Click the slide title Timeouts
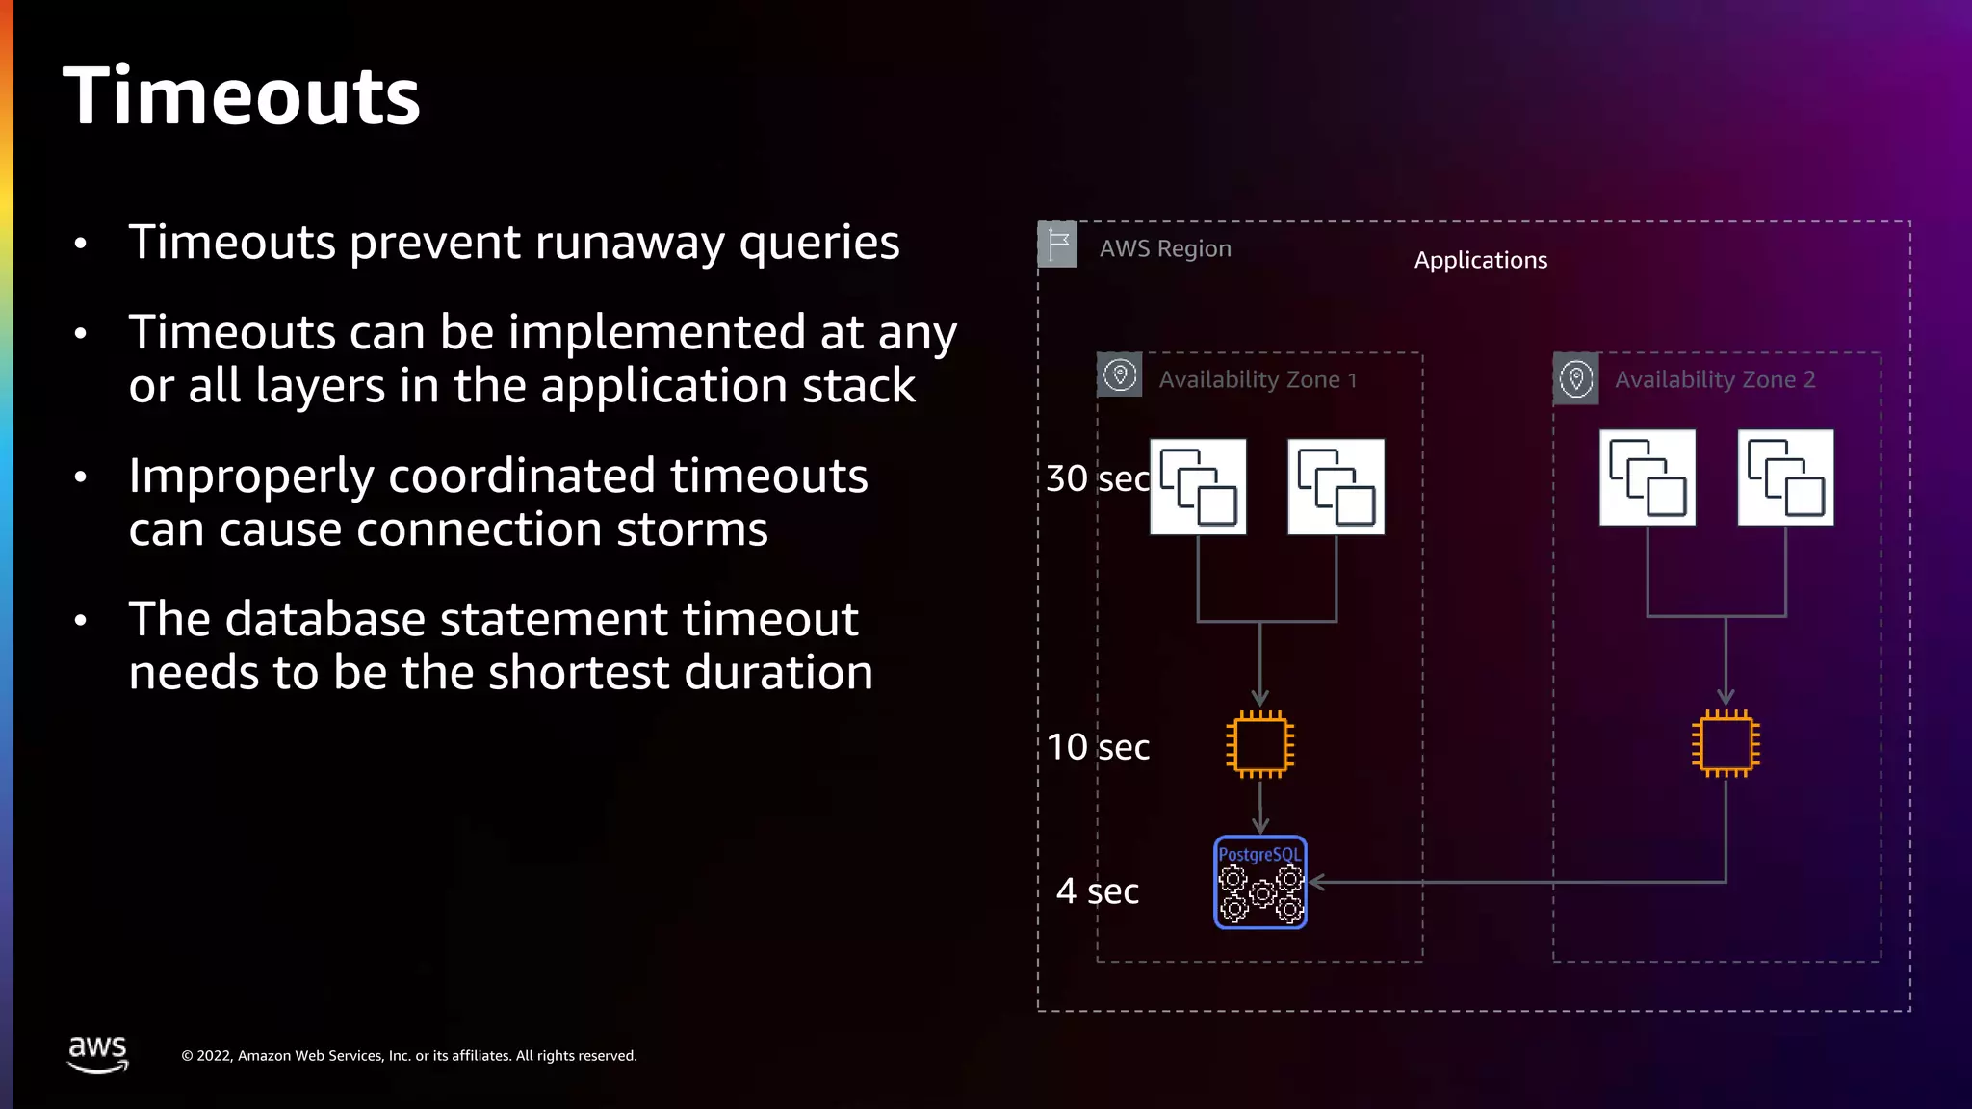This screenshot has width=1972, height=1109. (241, 96)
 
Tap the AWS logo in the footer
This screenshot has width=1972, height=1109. (97, 1053)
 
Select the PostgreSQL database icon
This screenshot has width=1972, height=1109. (1259, 882)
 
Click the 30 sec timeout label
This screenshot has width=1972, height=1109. (1098, 478)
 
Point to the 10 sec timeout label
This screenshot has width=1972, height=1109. (1098, 747)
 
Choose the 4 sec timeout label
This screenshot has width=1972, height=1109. (1098, 891)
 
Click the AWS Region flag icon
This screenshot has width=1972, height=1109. (1057, 245)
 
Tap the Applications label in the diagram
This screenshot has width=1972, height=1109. (1480, 260)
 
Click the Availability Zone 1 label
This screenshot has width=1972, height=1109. (1258, 380)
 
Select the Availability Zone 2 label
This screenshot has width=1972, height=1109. (1715, 380)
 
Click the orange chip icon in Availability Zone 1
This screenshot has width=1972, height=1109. (1259, 744)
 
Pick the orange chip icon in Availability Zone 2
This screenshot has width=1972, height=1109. (1725, 744)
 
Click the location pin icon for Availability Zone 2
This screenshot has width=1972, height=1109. (1576, 378)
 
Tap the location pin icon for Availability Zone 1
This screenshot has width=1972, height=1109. (1120, 375)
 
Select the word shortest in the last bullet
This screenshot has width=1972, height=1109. (579, 672)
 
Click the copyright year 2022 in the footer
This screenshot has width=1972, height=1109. (214, 1056)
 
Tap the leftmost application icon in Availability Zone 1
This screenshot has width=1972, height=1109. (1198, 487)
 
